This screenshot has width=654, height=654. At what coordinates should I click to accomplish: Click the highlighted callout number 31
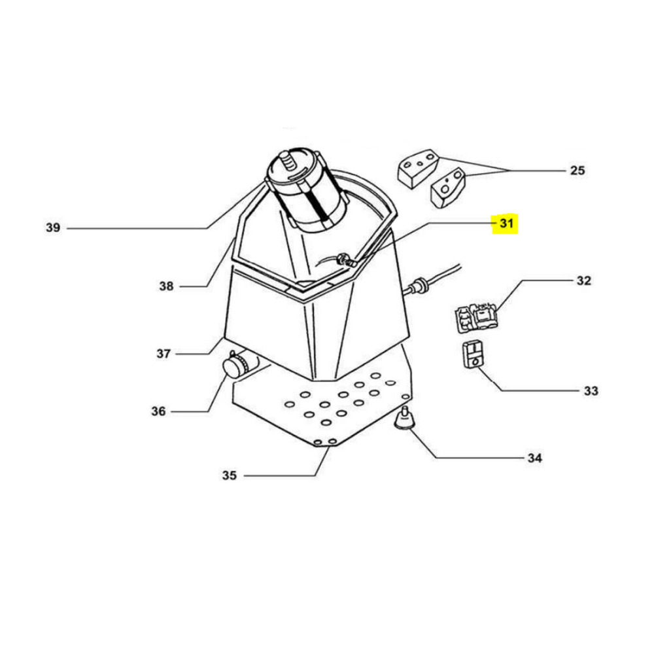click(506, 224)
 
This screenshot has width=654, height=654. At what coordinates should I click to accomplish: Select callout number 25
click(577, 170)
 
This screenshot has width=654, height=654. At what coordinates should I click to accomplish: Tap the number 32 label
click(584, 281)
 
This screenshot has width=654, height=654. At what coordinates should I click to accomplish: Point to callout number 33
click(591, 391)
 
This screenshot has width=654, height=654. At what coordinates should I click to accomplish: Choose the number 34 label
click(535, 458)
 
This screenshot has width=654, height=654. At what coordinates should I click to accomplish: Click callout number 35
click(230, 475)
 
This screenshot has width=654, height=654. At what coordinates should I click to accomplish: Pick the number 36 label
click(158, 411)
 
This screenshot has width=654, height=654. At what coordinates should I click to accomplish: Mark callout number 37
click(163, 354)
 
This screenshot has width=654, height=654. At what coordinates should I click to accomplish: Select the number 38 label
click(166, 286)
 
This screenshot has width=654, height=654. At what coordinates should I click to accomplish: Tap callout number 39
click(53, 228)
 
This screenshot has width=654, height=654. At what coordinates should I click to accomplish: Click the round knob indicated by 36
click(236, 364)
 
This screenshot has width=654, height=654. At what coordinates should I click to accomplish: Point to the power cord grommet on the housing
click(417, 287)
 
